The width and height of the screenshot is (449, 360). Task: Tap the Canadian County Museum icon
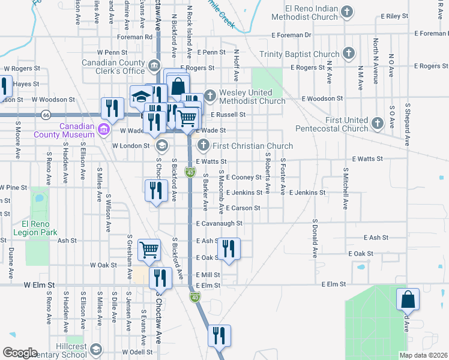point(103,129)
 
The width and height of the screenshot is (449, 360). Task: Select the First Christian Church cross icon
point(203,145)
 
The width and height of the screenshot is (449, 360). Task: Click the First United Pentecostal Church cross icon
point(377,124)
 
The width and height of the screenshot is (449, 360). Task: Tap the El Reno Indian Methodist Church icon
point(346,12)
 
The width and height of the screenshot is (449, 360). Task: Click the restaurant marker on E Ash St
point(228,248)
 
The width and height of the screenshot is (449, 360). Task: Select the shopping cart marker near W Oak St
point(149,250)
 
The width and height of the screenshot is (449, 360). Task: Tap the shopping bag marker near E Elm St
point(408,298)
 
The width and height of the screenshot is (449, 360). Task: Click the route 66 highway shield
point(46,114)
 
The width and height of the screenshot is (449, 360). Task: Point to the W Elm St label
point(40,284)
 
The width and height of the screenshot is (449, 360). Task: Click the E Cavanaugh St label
point(219,223)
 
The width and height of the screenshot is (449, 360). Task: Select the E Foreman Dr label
point(291,35)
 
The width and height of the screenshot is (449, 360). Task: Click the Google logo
point(20,353)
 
